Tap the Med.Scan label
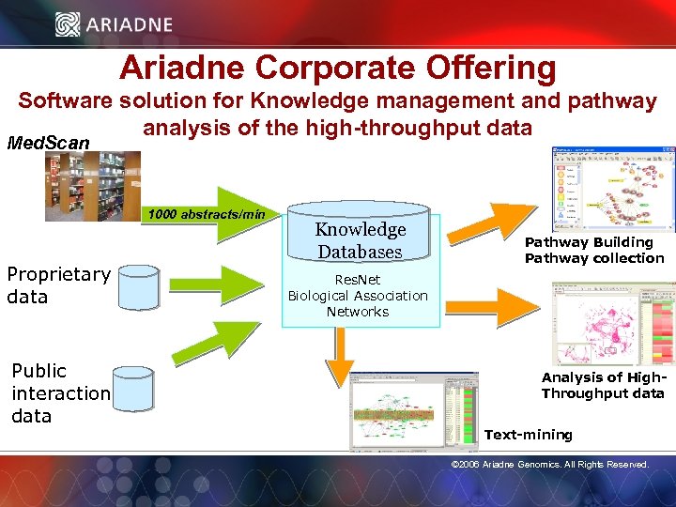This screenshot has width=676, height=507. click(x=49, y=143)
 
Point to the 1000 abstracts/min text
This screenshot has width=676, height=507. click(x=204, y=215)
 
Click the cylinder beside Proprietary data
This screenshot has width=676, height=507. click(x=139, y=287)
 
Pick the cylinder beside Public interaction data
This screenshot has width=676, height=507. click(x=131, y=388)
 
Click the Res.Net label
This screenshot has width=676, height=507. click(x=358, y=279)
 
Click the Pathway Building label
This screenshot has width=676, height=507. click(x=589, y=242)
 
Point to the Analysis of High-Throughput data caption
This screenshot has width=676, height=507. click(x=602, y=385)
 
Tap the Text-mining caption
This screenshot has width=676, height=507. click(x=528, y=434)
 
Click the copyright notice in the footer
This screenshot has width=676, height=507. click(x=549, y=464)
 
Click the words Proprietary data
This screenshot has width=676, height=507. click(x=58, y=285)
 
